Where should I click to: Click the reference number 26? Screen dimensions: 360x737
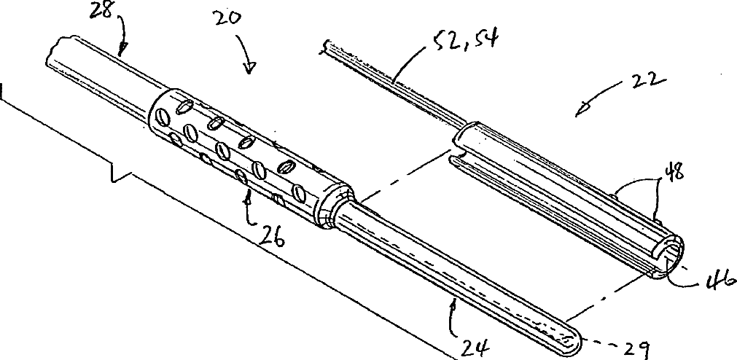(268, 238)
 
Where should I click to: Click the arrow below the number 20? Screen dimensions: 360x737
(250, 68)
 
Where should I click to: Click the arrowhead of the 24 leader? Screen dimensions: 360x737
(453, 300)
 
